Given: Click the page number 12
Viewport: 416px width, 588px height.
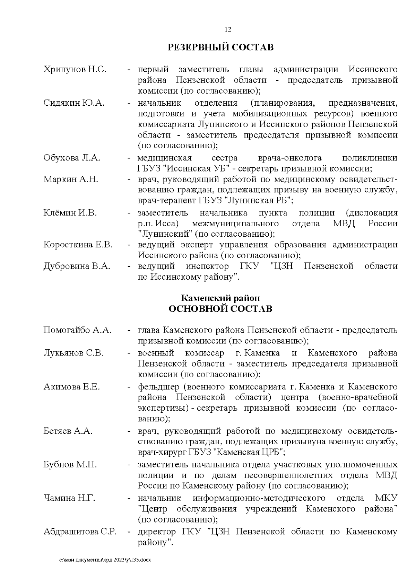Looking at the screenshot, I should point(228,29).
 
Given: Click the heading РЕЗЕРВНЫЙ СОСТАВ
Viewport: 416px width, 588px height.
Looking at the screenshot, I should point(220,47).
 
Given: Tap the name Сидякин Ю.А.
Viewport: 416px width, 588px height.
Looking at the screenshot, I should point(74,103).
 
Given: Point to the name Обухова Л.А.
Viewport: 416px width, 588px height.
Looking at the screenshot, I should point(72,158).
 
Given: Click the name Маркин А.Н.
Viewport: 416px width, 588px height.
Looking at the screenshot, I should point(71,179).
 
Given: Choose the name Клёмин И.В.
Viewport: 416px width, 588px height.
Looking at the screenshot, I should point(70,213).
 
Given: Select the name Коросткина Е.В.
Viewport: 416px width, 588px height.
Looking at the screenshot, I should point(78,245).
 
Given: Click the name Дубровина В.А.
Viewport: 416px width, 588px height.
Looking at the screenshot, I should point(77,266).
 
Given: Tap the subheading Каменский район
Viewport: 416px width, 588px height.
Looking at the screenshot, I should point(220,298).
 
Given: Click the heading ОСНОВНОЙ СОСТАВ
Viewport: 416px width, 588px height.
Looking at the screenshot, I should point(220,309).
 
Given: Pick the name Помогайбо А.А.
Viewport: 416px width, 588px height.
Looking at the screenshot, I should point(78,330).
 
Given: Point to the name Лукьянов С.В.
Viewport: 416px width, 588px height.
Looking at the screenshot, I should point(73,353).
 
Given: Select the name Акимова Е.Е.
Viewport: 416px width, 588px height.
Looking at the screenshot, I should point(71,387).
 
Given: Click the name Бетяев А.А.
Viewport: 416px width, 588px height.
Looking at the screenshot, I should point(68,431).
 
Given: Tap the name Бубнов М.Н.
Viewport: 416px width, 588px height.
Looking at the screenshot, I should point(70,465).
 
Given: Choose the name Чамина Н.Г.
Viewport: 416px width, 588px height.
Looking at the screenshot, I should point(69,499).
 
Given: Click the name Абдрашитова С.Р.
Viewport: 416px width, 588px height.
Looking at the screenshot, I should point(80,532).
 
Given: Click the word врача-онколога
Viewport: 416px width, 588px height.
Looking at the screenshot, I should point(290,158).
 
